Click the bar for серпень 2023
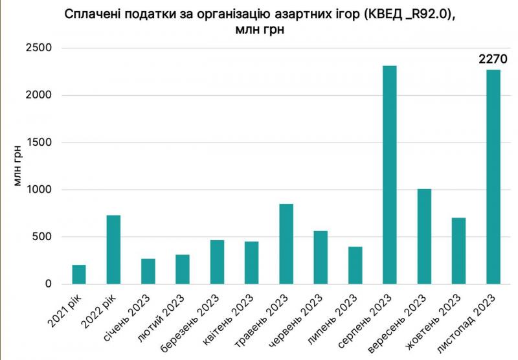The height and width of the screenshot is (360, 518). pos(390,175)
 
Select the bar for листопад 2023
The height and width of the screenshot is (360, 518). pos(493,177)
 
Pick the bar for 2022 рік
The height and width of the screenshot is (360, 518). pos(113,249)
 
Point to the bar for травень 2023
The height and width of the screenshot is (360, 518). pos(286,244)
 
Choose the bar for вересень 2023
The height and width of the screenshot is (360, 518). pos(424,236)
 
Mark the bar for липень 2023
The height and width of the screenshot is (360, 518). pos(355,265)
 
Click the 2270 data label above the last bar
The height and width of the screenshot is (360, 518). pos(493,60)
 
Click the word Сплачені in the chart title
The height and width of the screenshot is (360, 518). pos(93,16)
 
